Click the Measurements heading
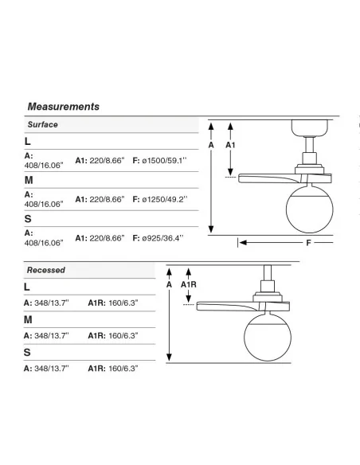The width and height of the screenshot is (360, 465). point(64,107)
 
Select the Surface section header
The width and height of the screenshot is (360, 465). point(43,124)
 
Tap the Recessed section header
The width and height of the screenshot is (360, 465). point(46,270)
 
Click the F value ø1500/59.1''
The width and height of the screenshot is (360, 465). point(164,161)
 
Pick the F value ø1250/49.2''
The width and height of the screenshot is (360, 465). point(165,200)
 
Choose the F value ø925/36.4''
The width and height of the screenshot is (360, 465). point(162,238)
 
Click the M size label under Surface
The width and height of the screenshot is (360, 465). point(29,180)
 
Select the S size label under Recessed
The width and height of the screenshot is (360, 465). point(27,352)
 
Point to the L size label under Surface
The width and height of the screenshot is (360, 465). point(28,141)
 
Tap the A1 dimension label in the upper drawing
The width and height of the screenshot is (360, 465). point(230,145)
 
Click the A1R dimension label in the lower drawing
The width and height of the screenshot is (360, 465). point(189,285)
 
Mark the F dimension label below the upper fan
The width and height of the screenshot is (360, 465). point(308,243)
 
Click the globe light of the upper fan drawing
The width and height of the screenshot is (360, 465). point(310,209)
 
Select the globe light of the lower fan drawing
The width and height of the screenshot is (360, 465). point(268,337)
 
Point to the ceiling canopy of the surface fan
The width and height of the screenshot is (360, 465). point(310,128)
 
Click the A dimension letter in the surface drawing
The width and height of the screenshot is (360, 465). point(211,145)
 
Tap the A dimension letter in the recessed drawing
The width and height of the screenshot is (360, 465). point(169,285)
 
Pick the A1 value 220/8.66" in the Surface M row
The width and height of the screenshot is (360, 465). point(107,200)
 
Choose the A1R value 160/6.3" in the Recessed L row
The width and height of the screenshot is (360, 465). point(123,303)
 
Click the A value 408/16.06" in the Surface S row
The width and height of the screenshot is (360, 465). point(44,243)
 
